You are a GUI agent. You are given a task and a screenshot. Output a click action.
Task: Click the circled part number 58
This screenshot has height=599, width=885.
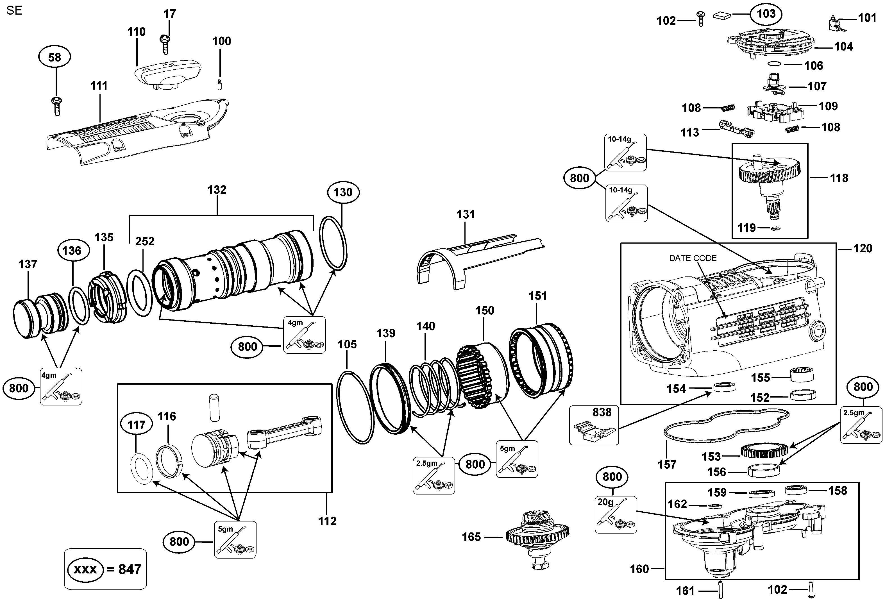click(x=55, y=58)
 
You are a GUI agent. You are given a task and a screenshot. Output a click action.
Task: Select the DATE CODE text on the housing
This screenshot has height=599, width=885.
click(x=693, y=258)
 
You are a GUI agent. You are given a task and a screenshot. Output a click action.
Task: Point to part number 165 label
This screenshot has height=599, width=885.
click(x=471, y=537)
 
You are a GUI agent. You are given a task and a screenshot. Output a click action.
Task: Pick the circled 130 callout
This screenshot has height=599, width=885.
click(x=343, y=192)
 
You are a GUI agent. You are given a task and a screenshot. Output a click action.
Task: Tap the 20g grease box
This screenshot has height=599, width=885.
click(x=615, y=514)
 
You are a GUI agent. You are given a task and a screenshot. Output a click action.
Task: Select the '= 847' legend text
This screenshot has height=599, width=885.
click(x=124, y=569)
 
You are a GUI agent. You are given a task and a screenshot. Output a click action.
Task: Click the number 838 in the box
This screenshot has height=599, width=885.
click(x=602, y=412)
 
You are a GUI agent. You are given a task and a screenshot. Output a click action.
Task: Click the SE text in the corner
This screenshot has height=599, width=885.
click(x=15, y=11)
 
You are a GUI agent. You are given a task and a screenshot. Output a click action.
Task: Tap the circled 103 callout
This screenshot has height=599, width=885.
click(x=766, y=14)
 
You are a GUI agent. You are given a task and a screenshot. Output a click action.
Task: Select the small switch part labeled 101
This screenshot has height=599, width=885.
click(x=836, y=24)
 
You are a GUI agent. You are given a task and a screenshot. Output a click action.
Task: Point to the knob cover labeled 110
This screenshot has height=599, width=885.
click(x=167, y=74)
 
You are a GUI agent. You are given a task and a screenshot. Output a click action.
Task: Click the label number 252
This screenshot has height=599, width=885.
click(x=145, y=241)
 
